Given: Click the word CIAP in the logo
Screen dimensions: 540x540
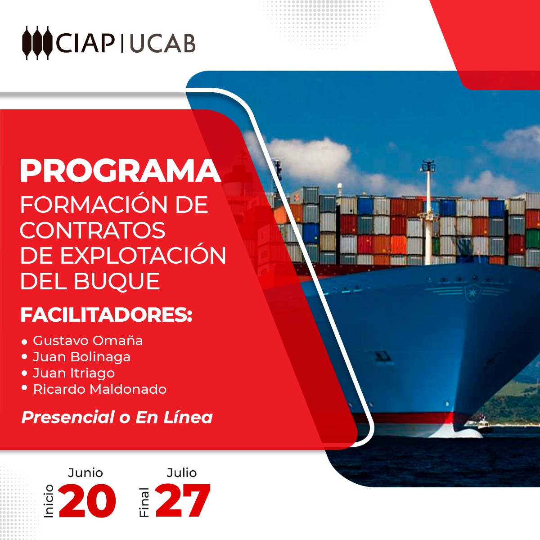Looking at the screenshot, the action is pos(85,44).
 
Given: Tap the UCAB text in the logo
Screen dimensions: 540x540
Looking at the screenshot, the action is pos(162,44).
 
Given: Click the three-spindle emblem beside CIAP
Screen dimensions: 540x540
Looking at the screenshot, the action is pos(37,43).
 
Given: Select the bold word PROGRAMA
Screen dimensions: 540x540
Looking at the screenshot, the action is pos(120,171).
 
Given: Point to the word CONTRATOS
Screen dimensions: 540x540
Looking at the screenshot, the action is pos(93,230).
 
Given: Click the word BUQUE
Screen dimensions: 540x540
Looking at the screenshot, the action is pos(117,281).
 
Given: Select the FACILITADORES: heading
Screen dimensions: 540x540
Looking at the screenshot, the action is pos(107,315).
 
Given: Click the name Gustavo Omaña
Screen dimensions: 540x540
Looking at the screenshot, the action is pos(88,341).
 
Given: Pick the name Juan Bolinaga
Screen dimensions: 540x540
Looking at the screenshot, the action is pos(81,357).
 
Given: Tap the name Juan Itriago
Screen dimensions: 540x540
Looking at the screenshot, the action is pos(74,373).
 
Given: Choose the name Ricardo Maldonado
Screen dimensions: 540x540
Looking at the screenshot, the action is pos(100,389).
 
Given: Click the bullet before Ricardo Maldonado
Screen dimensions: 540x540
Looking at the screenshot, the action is pos(24,388).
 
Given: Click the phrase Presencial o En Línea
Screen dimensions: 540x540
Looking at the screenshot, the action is pos(117,417).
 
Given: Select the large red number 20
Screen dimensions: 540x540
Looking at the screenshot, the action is pos(87,500).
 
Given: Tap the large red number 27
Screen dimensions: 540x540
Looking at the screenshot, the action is pos(182,500).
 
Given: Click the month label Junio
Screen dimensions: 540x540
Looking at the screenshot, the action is pos(85,473).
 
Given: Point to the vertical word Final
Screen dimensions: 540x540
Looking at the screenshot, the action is pos(144,503).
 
